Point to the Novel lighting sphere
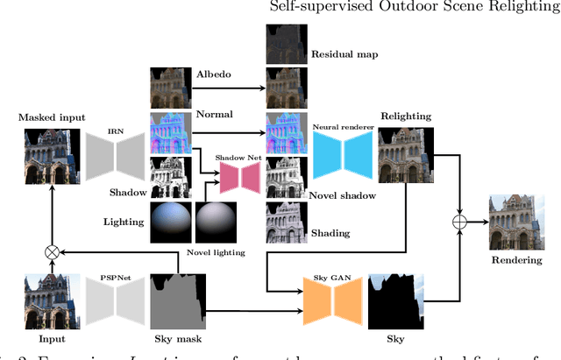(x=215, y=221)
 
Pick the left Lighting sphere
(x=170, y=221)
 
